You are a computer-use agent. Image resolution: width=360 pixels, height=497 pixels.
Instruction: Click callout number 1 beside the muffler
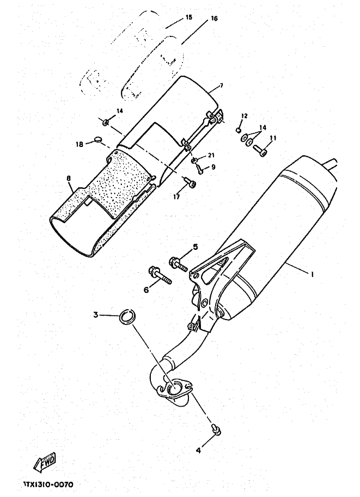312,275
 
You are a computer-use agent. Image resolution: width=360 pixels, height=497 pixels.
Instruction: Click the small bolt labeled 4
216,429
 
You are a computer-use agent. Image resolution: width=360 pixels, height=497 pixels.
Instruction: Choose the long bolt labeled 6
159,275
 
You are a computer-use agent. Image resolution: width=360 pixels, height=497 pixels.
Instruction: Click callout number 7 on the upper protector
222,85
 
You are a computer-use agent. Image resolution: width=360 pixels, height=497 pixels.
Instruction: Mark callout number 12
244,116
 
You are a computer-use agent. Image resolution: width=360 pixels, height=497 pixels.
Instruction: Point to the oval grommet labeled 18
98,139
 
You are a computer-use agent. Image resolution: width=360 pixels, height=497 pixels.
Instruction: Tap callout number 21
211,156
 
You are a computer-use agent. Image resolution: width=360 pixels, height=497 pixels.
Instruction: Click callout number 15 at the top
188,17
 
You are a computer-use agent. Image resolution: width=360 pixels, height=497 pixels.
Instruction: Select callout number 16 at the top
213,19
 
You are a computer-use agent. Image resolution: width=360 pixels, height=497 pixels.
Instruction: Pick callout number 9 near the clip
213,167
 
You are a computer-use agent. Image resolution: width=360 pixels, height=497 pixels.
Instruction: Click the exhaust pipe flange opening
176,387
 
